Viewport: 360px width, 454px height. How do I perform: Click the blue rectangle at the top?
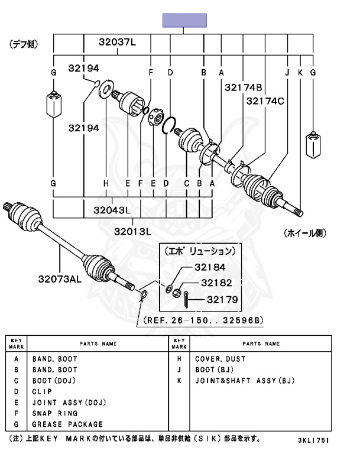tap(185, 21)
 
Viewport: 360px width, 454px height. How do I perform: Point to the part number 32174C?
tap(265, 100)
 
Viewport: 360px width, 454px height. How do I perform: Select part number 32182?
tap(215, 283)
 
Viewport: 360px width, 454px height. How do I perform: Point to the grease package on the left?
tap(54, 104)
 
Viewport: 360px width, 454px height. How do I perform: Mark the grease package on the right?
tap(313, 145)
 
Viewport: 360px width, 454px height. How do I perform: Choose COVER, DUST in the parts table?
tap(220, 359)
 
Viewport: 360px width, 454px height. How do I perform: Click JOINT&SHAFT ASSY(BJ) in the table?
tap(244, 381)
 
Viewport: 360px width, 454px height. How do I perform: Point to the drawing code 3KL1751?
tap(313, 441)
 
